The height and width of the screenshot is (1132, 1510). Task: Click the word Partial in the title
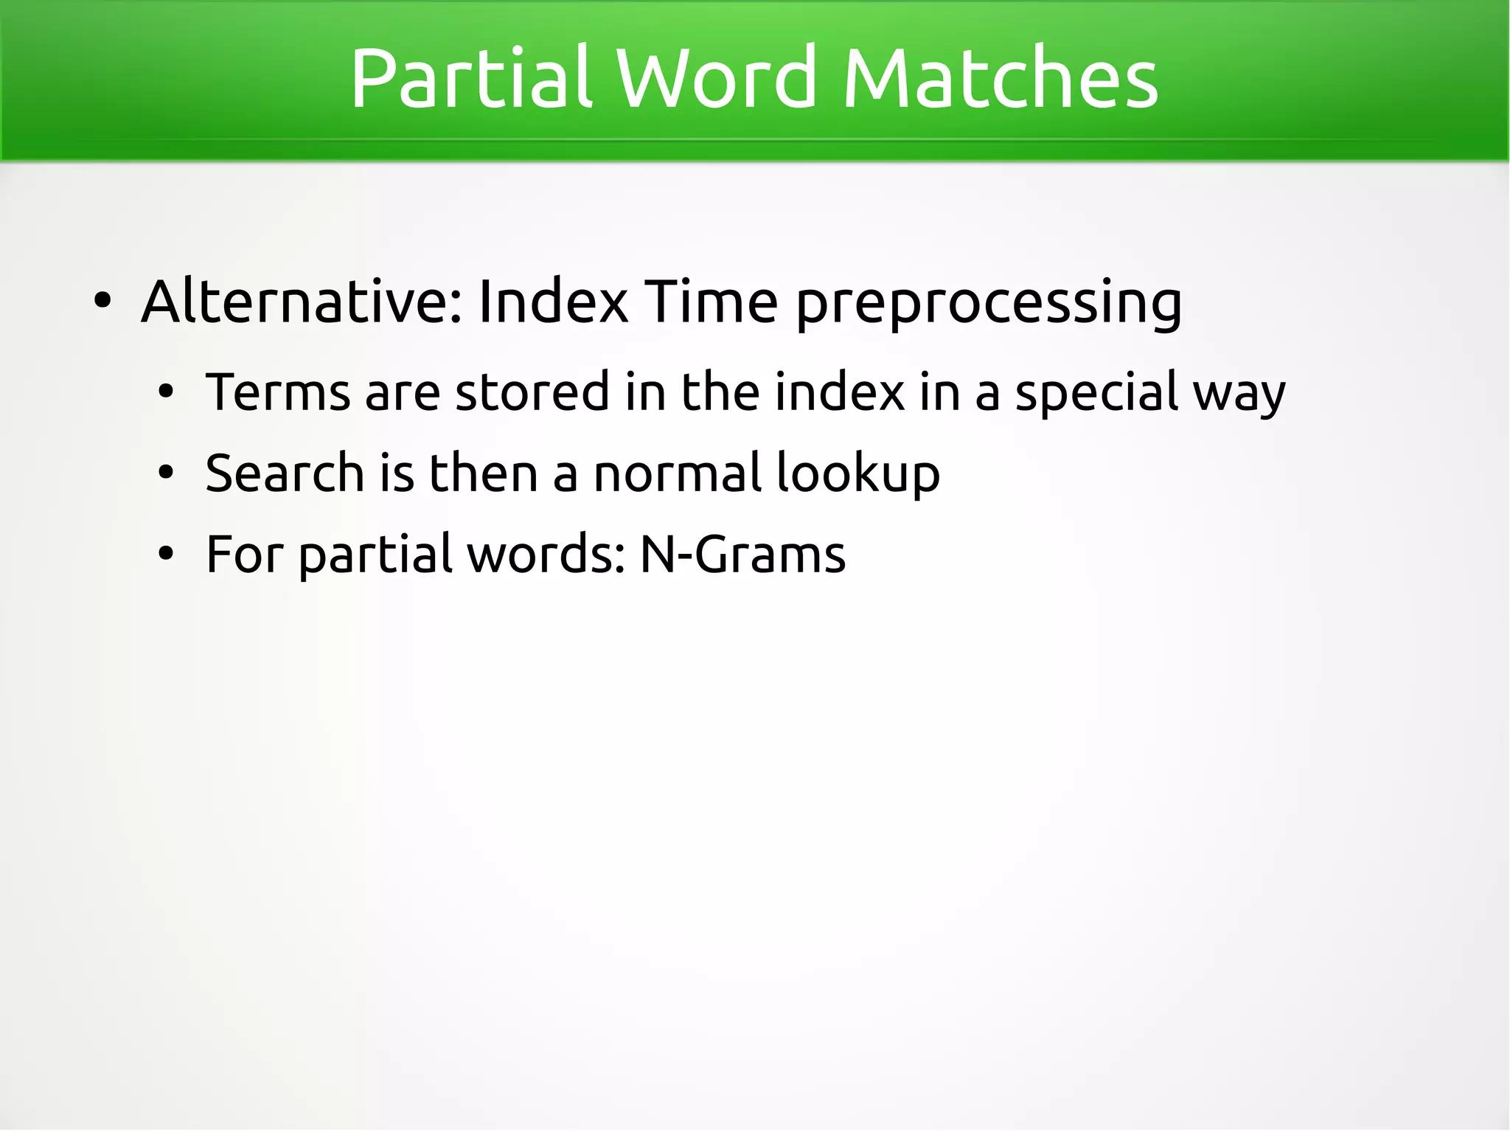pyautogui.click(x=471, y=78)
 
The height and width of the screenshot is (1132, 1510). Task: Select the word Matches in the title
pyautogui.click(x=1000, y=78)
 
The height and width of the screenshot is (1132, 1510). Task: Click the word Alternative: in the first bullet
pyautogui.click(x=302, y=302)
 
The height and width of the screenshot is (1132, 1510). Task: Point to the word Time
pyautogui.click(x=711, y=302)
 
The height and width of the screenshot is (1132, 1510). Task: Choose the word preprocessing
pyautogui.click(x=989, y=304)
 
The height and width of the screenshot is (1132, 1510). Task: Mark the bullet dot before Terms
pyautogui.click(x=167, y=392)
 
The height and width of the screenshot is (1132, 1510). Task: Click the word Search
pyautogui.click(x=285, y=473)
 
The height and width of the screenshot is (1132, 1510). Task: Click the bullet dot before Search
pyautogui.click(x=167, y=473)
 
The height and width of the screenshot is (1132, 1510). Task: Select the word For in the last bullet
pyautogui.click(x=244, y=554)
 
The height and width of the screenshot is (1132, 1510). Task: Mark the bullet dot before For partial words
pyautogui.click(x=167, y=555)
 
